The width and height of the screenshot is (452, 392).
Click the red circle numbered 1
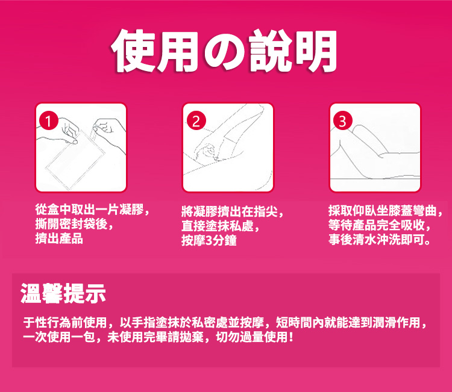(x=49, y=120)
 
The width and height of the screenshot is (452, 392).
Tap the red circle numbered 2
(x=196, y=120)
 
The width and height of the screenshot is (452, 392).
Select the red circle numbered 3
(x=343, y=120)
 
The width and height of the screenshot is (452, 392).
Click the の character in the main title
(x=225, y=52)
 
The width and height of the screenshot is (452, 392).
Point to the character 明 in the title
(x=316, y=51)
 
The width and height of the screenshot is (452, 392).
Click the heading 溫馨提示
(x=63, y=293)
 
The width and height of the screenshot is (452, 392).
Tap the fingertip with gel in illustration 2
(x=216, y=158)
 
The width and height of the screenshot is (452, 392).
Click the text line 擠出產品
(x=59, y=239)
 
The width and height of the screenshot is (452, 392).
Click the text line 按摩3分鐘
(x=209, y=240)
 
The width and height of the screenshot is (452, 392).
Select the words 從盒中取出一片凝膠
(x=89, y=210)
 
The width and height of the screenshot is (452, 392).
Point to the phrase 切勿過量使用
(x=251, y=337)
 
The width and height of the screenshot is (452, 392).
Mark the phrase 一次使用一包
(x=59, y=337)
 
